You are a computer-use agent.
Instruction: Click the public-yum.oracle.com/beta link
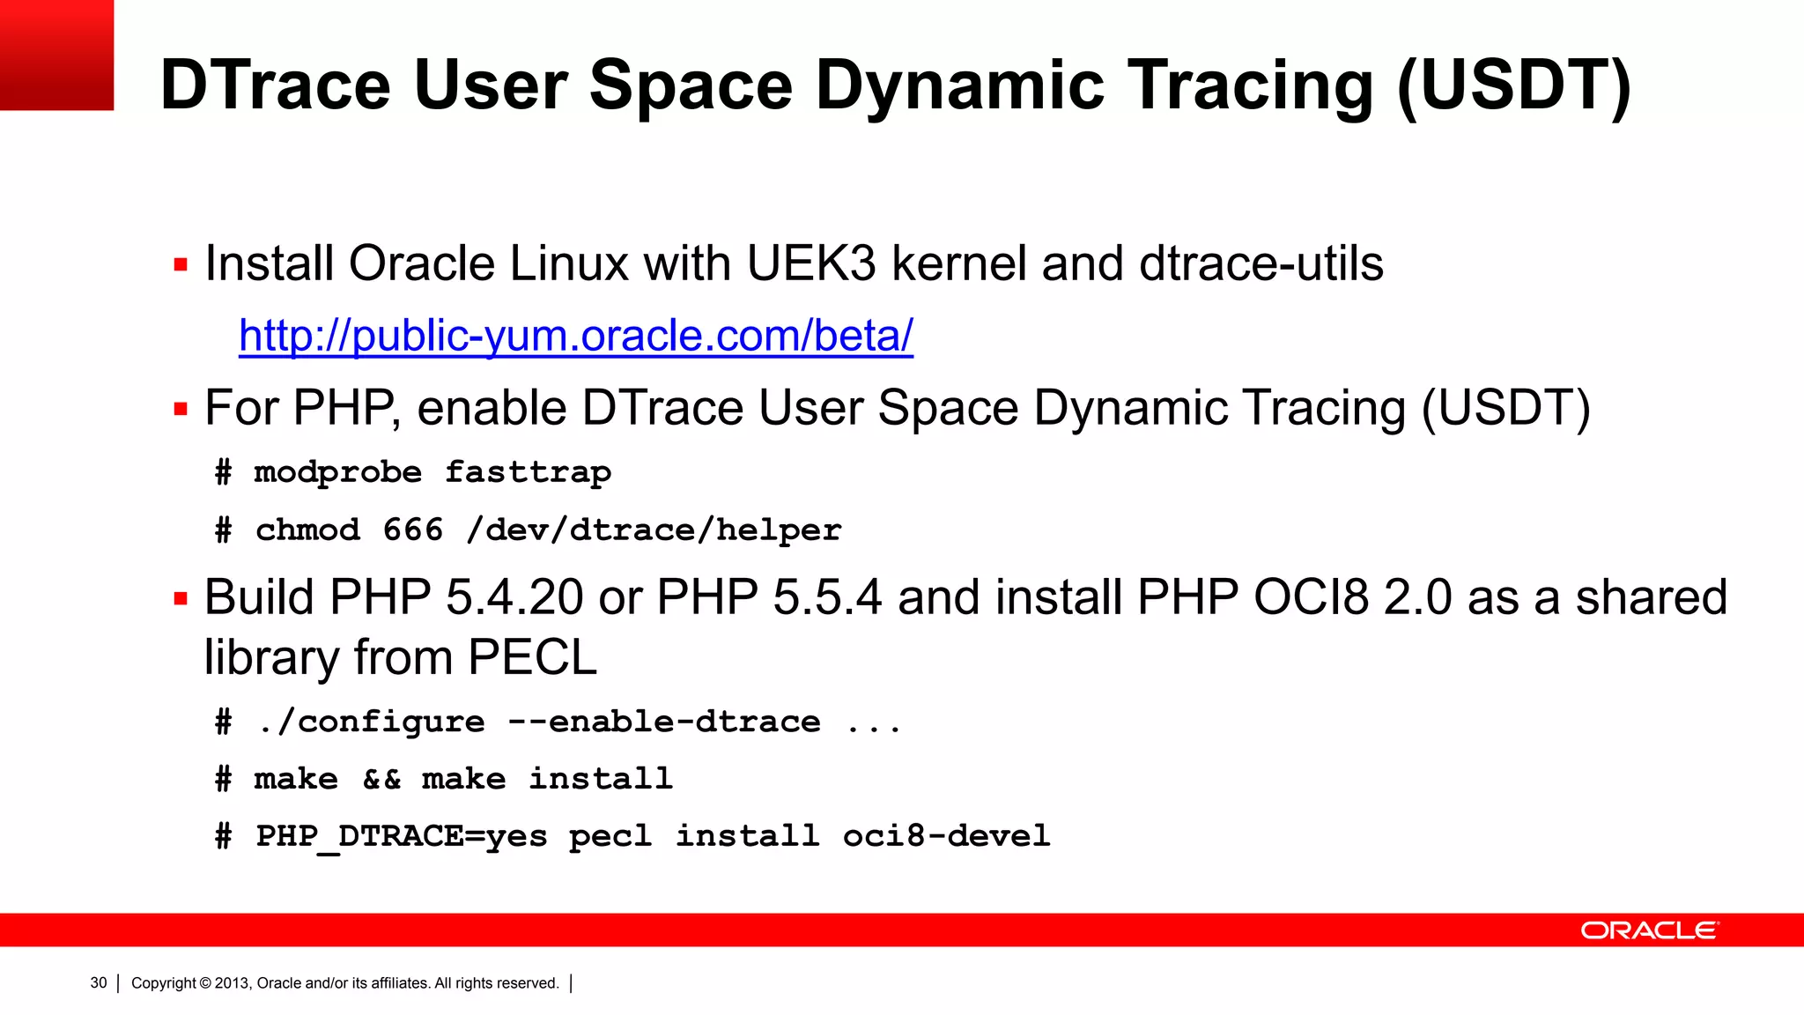(x=576, y=336)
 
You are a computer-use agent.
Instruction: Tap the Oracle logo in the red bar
(x=1649, y=930)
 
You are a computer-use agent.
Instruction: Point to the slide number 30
(x=99, y=982)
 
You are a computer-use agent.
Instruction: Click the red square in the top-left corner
(x=56, y=55)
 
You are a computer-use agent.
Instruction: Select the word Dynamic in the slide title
(x=960, y=85)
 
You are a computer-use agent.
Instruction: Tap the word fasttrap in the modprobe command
(x=528, y=472)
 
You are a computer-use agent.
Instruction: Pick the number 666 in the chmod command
(x=412, y=530)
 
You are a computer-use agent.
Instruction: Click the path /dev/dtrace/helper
(x=654, y=530)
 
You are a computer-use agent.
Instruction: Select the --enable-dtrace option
(x=664, y=722)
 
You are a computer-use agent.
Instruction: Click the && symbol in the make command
(x=381, y=779)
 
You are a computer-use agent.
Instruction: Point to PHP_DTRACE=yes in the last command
(x=401, y=835)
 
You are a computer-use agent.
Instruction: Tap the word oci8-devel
(x=946, y=835)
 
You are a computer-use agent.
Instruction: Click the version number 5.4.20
(x=514, y=597)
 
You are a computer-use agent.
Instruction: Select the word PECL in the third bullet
(x=532, y=657)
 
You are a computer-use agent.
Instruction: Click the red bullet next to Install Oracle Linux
(x=181, y=264)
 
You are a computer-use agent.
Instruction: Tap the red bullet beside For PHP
(x=181, y=409)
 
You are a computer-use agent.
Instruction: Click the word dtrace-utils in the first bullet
(x=1261, y=263)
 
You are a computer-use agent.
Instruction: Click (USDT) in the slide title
(x=1514, y=85)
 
